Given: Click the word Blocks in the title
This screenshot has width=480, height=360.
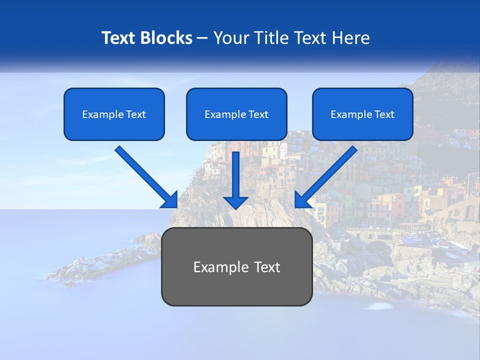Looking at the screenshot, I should pyautogui.click(x=165, y=38).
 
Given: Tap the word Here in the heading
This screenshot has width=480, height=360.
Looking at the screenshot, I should pyautogui.click(x=351, y=38).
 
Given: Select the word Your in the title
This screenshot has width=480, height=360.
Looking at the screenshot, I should pyautogui.click(x=230, y=38).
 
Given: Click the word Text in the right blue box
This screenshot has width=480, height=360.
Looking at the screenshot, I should pyautogui.click(x=384, y=114).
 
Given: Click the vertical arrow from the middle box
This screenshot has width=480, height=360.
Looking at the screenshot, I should pyautogui.click(x=236, y=175).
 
